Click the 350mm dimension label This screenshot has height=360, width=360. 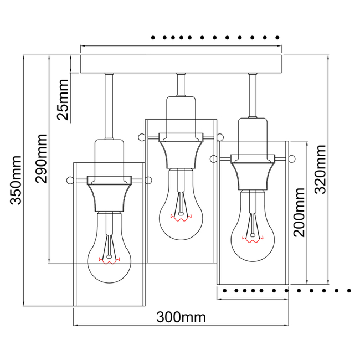(17, 180)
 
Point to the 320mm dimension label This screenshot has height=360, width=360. (320, 169)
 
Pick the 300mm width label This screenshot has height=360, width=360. (181, 317)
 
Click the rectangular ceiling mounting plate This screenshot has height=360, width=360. (181, 64)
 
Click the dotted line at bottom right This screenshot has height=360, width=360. (285, 290)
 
